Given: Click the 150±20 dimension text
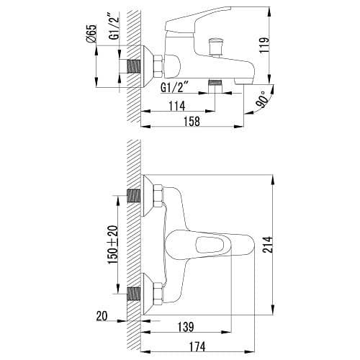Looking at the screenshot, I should [112, 246].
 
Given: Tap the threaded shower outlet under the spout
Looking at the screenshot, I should [214, 83].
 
